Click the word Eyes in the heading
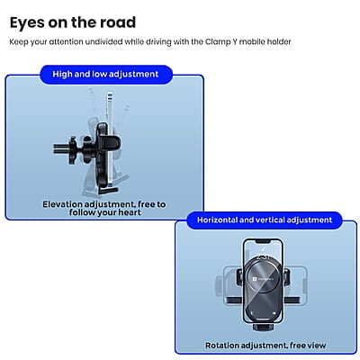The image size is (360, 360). [x=31, y=22]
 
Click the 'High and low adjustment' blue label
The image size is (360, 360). [x=105, y=74]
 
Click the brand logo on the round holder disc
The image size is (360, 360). [x=267, y=281]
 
